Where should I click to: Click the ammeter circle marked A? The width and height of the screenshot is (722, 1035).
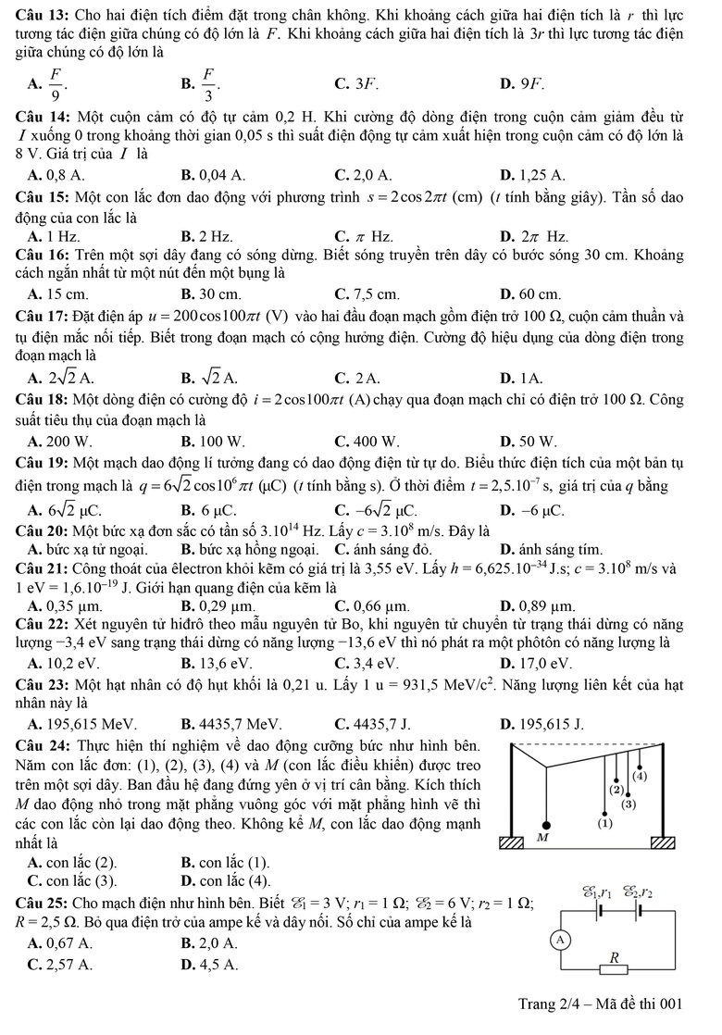coord(558,940)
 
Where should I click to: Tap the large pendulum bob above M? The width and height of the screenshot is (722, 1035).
coord(547,824)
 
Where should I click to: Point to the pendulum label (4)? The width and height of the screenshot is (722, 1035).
coord(640,776)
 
